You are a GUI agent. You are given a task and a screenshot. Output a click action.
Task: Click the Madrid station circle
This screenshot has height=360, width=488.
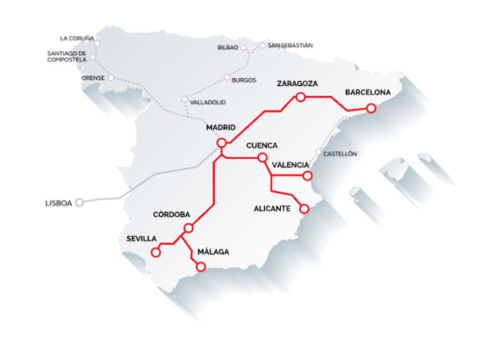pyautogui.click(x=221, y=143)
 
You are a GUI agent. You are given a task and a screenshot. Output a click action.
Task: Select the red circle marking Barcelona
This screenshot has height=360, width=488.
pyautogui.click(x=372, y=109)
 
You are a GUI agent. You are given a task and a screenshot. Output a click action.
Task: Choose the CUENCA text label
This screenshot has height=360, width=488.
pyautogui.click(x=262, y=145)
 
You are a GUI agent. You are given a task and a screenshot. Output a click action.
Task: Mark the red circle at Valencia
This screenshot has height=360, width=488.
pyautogui.click(x=308, y=176)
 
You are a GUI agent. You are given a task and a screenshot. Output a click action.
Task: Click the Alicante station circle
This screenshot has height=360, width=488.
pyautogui.click(x=304, y=209)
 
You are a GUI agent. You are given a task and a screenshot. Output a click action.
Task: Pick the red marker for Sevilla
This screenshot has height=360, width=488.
pyautogui.click(x=155, y=252)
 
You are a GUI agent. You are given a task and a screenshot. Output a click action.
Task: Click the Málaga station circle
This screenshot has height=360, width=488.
pyautogui.click(x=201, y=266)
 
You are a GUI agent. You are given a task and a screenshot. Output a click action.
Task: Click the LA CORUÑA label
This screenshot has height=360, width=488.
pyautogui.click(x=77, y=38)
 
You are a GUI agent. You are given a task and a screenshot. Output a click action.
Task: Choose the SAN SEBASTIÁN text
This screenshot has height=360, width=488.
pyautogui.click(x=290, y=45)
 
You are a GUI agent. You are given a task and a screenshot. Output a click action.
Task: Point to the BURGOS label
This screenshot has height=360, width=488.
pyautogui.click(x=244, y=80)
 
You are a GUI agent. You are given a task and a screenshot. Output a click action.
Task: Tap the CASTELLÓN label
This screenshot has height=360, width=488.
pyautogui.click(x=341, y=154)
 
